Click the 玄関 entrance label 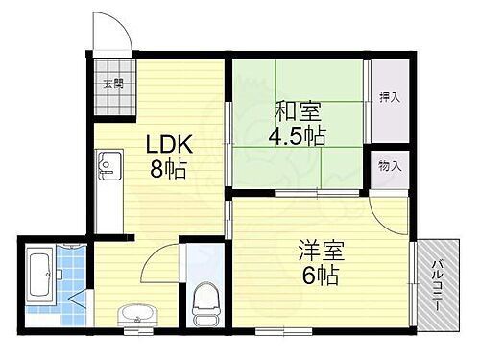(x=114, y=84)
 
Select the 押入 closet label (x=390, y=96)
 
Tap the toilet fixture (x=204, y=305)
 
